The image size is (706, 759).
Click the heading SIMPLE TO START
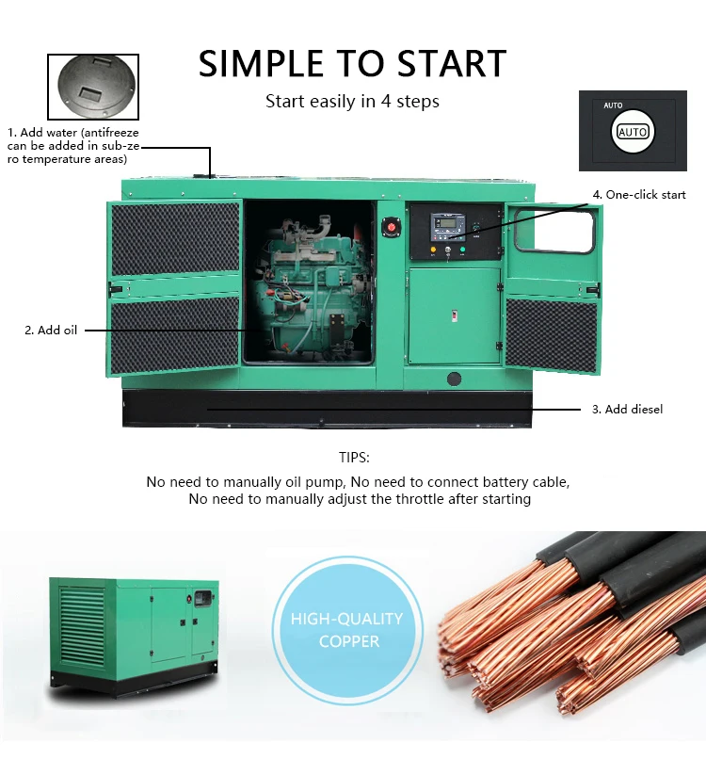coord(352,64)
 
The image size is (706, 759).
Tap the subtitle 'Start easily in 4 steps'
coord(352,102)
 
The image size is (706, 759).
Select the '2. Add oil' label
coord(51,330)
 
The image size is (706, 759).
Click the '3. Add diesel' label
coord(627,409)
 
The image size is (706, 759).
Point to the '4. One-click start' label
coord(639,195)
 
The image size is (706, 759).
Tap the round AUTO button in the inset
coord(633,132)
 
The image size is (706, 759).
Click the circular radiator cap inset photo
coord(92,87)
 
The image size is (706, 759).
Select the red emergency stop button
coord(388,227)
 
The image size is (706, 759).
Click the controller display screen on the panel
coord(446,225)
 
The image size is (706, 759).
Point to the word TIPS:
coord(354,458)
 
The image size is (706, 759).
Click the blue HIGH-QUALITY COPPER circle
coord(346,630)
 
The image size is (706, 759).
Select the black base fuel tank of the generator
coord(327,409)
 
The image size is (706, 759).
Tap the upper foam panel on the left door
coord(175,238)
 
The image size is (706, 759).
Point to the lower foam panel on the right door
coord(553,333)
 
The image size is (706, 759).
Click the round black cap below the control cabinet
coord(455,379)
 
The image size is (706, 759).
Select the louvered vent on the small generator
coord(83,626)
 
